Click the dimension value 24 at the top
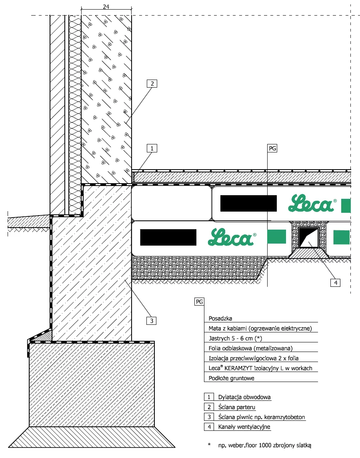click(106, 6)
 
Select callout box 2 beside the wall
click(152, 84)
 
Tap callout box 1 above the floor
click(152, 148)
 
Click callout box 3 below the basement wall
click(151, 321)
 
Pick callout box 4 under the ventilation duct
click(336, 282)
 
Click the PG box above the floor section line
click(272, 148)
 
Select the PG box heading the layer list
click(199, 302)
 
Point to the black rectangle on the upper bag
click(248, 203)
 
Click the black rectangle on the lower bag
click(168, 238)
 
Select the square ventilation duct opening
click(308, 238)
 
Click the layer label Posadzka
click(220, 318)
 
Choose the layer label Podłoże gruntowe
click(232, 378)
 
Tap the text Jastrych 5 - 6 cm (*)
click(235, 338)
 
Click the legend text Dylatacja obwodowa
click(244, 397)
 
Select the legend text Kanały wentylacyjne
click(244, 427)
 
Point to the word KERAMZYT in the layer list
click(238, 368)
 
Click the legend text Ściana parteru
click(237, 407)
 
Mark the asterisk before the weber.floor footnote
click(209, 444)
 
